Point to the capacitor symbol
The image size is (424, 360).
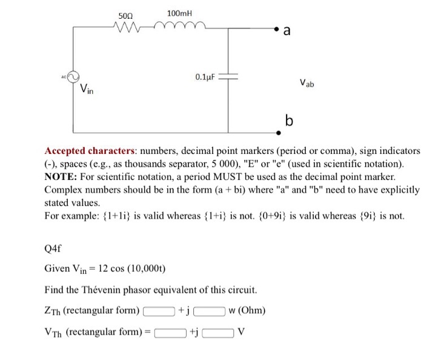228,78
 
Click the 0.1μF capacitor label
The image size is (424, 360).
205,78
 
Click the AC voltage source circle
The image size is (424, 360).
73,77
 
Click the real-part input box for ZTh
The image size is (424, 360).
158,312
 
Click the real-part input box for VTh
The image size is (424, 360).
170,332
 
